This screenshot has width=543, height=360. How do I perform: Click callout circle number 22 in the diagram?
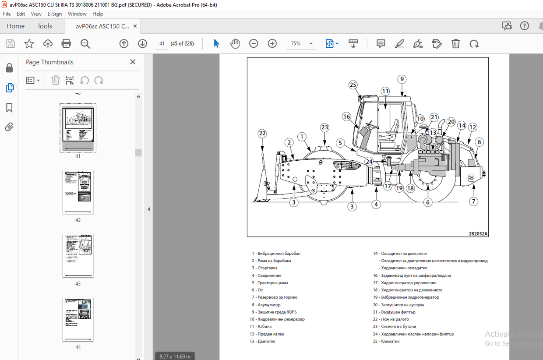tap(262, 133)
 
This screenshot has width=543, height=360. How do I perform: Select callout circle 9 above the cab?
tap(402, 79)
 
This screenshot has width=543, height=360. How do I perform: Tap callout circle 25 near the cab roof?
tap(353, 85)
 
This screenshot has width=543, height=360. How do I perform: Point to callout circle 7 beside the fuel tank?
tap(473, 201)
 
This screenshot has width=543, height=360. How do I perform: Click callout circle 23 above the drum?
tap(324, 127)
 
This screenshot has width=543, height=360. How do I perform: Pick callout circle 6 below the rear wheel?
tap(428, 202)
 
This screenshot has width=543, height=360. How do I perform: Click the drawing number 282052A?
tap(478, 234)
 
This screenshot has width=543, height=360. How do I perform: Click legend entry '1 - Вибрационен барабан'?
tap(276, 253)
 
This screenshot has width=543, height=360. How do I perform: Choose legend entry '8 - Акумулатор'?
tap(266, 304)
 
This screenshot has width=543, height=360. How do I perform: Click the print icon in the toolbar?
tap(66, 43)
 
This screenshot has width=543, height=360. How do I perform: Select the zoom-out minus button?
tap(254, 43)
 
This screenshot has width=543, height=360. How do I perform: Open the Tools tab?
tap(45, 26)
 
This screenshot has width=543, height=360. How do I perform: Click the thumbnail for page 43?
tap(78, 255)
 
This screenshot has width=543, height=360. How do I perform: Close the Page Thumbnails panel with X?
tap(133, 62)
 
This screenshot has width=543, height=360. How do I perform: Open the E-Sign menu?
tap(55, 14)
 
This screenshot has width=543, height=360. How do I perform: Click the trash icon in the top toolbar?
tap(455, 43)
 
